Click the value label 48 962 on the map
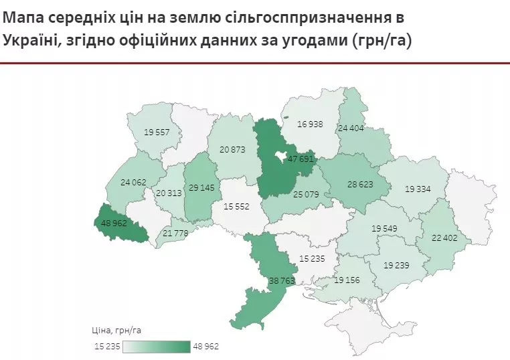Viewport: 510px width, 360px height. (x=114, y=223)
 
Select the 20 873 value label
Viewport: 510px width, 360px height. (x=232, y=149)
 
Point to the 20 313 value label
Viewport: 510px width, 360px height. (x=169, y=192)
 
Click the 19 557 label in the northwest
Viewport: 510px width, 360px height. (x=156, y=132)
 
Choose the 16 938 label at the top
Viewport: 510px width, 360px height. (x=311, y=124)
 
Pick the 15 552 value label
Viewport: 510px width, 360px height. (x=236, y=207)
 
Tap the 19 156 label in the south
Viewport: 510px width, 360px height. (x=347, y=279)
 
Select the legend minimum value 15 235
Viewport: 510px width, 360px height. (x=107, y=346)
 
